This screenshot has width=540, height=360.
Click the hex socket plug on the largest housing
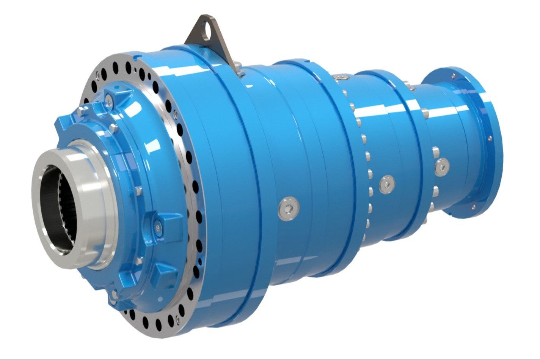point(288,208)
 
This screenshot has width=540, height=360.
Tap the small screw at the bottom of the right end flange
point(473,207)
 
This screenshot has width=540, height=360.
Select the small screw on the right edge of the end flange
point(490,139)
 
